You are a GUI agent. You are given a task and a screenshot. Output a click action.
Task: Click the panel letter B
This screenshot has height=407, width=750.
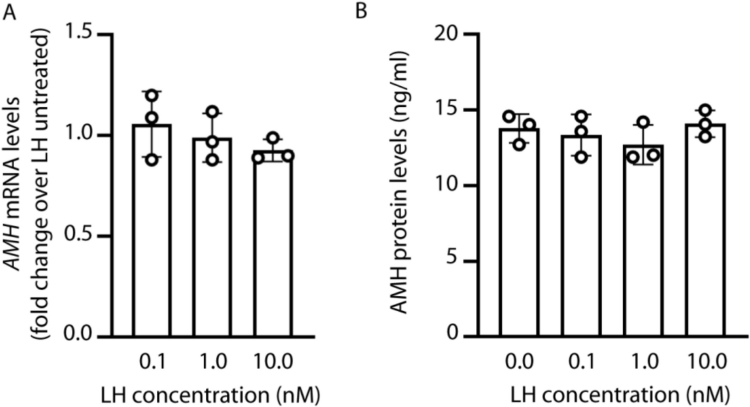[x=361, y=11]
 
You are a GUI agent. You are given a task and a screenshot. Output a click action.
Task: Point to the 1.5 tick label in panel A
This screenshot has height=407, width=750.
[x=80, y=34]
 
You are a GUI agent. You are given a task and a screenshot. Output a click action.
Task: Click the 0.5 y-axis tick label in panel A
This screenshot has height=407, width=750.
[x=80, y=235]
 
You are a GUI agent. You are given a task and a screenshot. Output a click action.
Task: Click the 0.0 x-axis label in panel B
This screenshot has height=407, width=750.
[x=519, y=361]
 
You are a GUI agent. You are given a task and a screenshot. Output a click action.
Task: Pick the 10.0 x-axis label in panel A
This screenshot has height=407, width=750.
[x=273, y=361]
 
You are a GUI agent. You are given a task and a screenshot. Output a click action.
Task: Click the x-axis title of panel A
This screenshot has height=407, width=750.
[x=210, y=395]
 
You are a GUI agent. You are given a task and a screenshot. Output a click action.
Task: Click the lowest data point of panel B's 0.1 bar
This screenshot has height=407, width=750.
[x=581, y=156]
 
